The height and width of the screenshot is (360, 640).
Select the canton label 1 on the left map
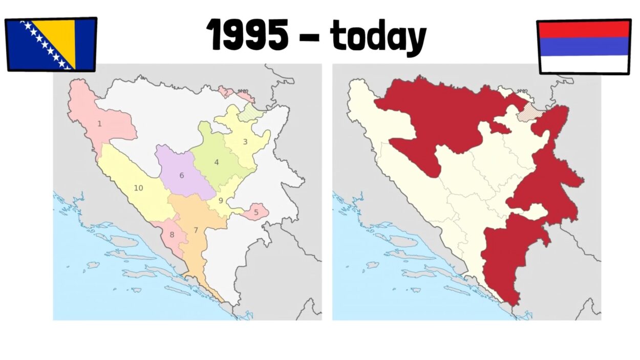tap(99, 123)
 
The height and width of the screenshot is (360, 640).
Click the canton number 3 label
tap(245, 142)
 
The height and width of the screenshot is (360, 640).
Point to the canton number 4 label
tap(217, 162)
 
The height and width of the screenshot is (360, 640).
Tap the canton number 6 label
tap(181, 175)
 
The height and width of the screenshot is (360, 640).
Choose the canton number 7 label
tap(196, 230)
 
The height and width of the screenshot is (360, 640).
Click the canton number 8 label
tap(172, 235)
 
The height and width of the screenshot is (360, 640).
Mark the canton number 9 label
tap(221, 201)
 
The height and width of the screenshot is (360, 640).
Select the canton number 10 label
tap(138, 188)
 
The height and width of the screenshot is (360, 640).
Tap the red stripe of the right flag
tap(584, 29)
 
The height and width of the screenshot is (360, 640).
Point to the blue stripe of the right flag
tap(584, 46)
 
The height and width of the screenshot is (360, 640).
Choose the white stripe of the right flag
tap(584, 63)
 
